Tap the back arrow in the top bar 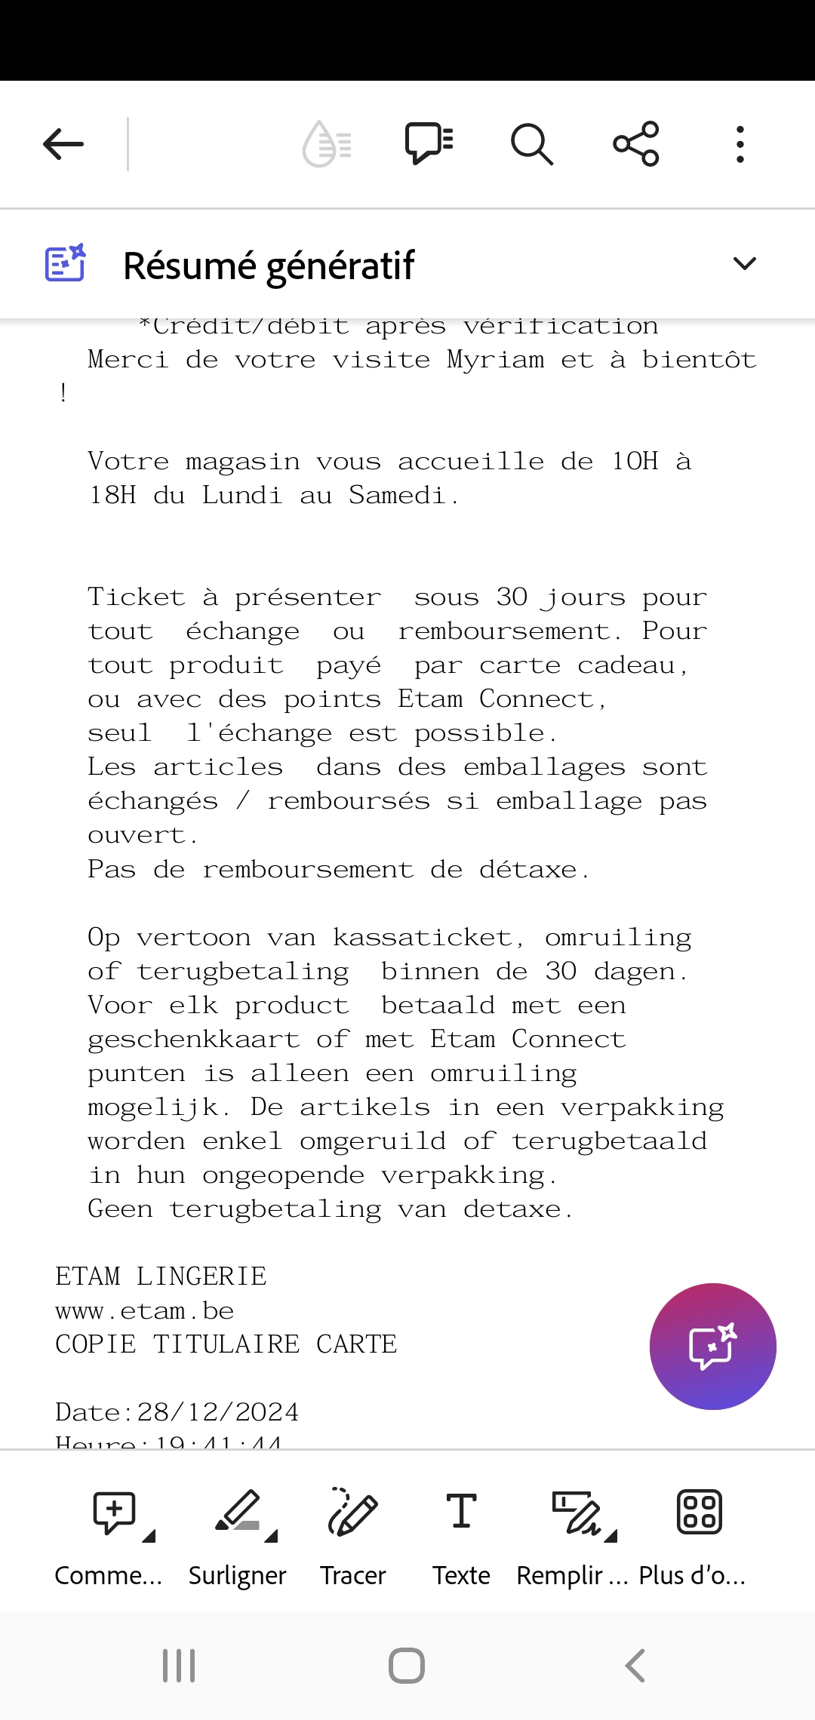click(x=63, y=144)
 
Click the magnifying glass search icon click(x=532, y=144)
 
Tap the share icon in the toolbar click(x=636, y=144)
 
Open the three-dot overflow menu click(x=740, y=144)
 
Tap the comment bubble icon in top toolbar click(x=429, y=143)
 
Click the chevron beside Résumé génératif click(x=744, y=264)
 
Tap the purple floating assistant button click(x=712, y=1347)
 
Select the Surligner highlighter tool click(x=238, y=1513)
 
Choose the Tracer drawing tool click(x=352, y=1513)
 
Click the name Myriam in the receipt click(x=495, y=360)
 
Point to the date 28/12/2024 click(x=218, y=1412)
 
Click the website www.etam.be click(x=145, y=1311)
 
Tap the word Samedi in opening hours click(x=397, y=496)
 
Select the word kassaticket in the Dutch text click(x=423, y=938)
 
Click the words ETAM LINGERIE click(x=161, y=1276)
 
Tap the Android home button click(x=407, y=1666)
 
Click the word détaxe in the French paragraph click(x=528, y=870)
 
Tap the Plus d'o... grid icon click(x=700, y=1513)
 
